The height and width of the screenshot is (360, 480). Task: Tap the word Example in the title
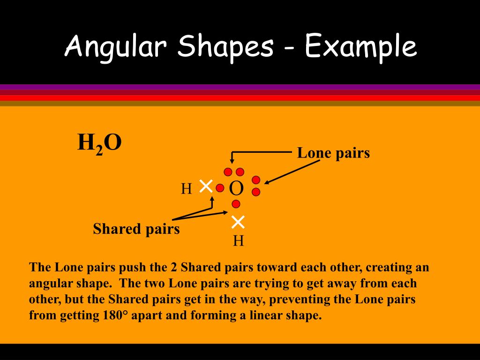360,47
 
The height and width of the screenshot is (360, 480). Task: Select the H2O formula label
99,143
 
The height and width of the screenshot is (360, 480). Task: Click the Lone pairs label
333,153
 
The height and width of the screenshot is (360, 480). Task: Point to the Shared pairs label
136,229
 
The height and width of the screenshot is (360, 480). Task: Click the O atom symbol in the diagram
236,188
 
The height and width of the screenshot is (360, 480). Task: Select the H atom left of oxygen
187,189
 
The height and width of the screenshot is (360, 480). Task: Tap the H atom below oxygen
238,241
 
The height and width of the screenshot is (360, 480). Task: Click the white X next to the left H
206,186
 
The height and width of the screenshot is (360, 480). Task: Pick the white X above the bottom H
238,221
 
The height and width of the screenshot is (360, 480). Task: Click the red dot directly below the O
236,204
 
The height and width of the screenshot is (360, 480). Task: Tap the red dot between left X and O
220,188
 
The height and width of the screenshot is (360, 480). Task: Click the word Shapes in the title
226,47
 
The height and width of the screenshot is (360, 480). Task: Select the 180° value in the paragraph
115,315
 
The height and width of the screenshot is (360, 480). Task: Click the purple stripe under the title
240,87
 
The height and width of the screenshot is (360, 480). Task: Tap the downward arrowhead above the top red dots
232,162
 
